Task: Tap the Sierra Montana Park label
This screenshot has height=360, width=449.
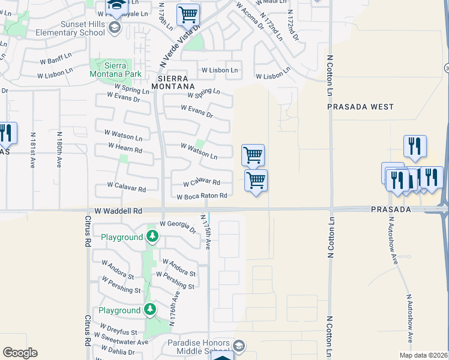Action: click(116, 69)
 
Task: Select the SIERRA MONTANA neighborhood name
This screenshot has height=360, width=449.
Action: click(173, 83)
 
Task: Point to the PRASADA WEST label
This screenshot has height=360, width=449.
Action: click(360, 107)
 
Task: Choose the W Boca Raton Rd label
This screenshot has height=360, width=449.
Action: click(202, 196)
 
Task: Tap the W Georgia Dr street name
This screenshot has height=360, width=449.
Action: click(178, 227)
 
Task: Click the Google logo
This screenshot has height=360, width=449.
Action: click(20, 353)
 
